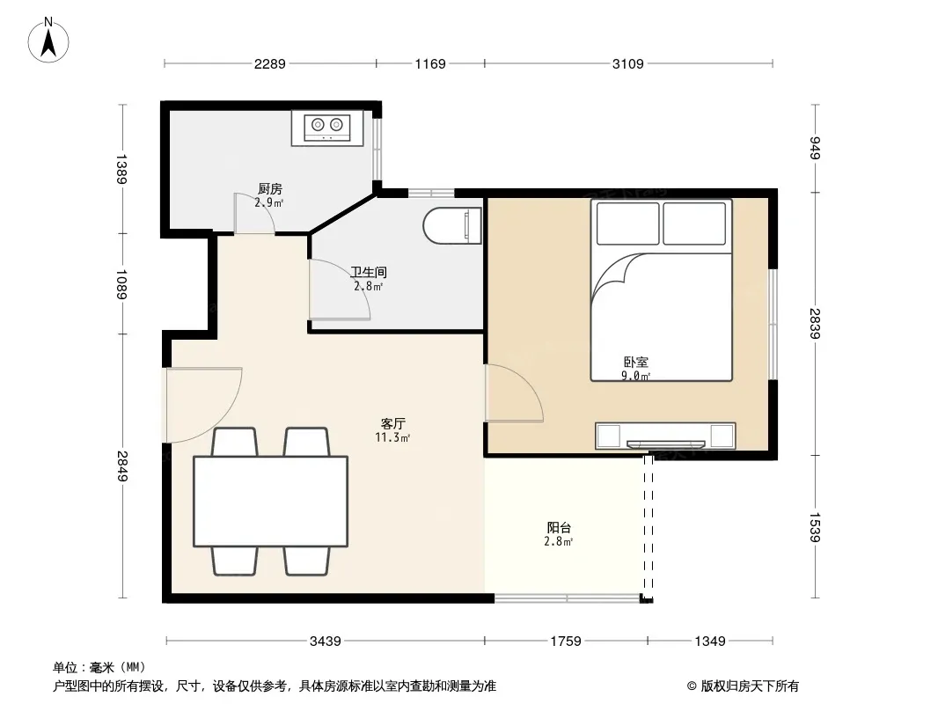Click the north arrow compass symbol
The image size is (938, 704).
[48, 40]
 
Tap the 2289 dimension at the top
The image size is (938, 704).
[270, 63]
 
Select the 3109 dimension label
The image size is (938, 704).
[627, 63]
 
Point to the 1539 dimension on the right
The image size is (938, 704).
[815, 527]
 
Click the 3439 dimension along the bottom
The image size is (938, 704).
[326, 642]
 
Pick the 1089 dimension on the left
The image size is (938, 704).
[121, 284]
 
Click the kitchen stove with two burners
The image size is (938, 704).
[327, 128]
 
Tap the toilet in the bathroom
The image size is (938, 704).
[452, 226]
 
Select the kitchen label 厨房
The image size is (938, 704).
[270, 189]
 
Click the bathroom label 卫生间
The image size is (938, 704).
[369, 272]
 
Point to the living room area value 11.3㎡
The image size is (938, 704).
[392, 437]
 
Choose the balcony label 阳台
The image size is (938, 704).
[559, 527]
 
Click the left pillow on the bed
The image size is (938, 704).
[628, 224]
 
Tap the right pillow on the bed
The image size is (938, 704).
[694, 224]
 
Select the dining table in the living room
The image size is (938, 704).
[270, 502]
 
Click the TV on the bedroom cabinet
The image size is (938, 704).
[666, 444]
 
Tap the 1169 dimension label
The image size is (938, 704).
[430, 63]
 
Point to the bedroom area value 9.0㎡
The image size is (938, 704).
[635, 376]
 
